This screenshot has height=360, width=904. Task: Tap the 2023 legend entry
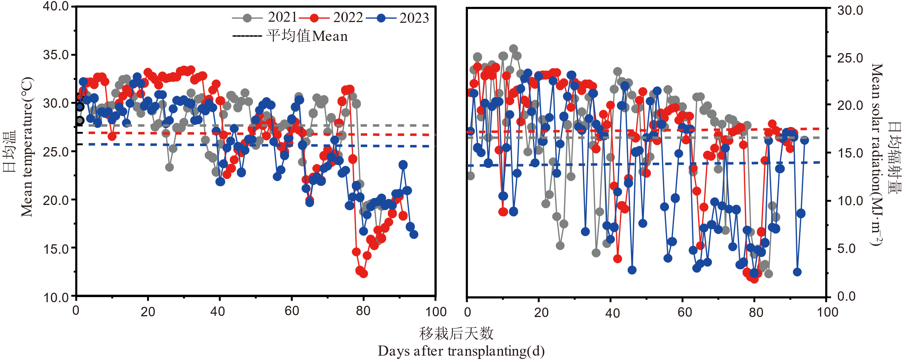click(x=397, y=18)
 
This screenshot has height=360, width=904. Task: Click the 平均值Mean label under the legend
click(x=307, y=36)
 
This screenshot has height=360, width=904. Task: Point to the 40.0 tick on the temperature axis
click(x=56, y=6)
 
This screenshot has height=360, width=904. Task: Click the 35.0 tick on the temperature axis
click(x=56, y=55)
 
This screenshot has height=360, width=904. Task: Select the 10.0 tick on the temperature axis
click(x=56, y=298)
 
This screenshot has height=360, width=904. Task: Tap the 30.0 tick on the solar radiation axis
click(x=850, y=10)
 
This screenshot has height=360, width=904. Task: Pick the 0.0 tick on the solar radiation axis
click(x=847, y=296)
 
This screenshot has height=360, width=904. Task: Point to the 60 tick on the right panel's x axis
click(x=685, y=312)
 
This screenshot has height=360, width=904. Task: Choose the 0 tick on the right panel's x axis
click(x=468, y=312)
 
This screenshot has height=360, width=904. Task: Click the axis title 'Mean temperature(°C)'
click(x=27, y=147)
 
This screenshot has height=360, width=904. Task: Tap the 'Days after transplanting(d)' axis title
click(x=461, y=351)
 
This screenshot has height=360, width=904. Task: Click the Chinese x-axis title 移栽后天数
click(x=456, y=333)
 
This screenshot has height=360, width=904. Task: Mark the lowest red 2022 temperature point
click(x=363, y=274)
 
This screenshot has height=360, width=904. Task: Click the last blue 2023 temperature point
click(x=414, y=235)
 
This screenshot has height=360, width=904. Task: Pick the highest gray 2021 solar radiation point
click(x=513, y=48)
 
